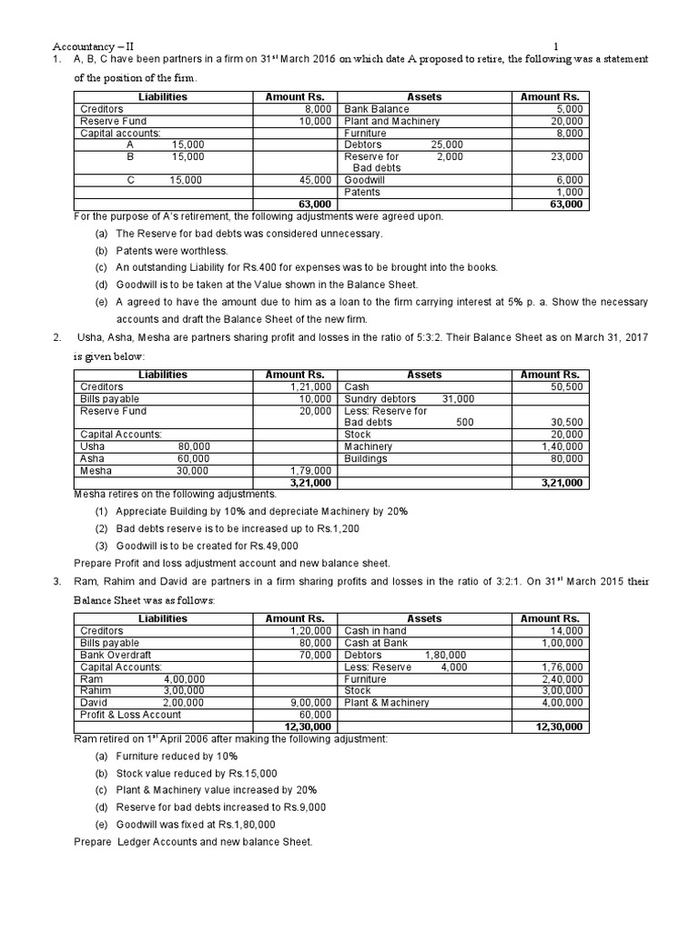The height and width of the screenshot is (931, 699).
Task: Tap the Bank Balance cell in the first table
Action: point(376,109)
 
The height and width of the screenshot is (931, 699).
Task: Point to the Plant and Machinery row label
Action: point(391,121)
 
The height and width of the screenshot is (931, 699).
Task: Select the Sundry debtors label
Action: point(380,399)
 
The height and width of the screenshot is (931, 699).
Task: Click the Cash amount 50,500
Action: point(565,387)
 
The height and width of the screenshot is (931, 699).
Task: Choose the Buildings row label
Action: point(366,458)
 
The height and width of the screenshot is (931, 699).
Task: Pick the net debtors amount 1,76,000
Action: point(562,666)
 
